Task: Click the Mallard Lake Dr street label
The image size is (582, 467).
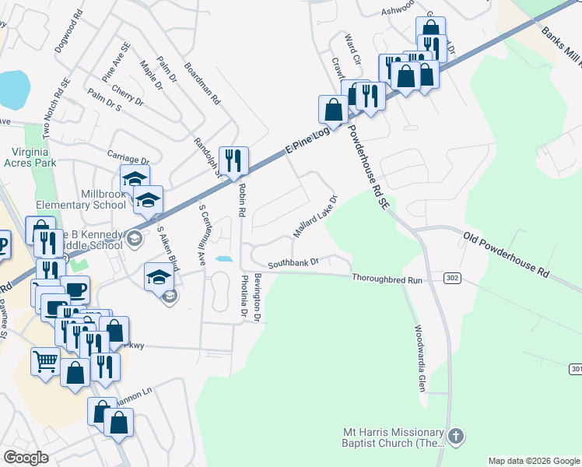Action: click(315, 216)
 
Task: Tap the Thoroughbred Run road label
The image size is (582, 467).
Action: click(386, 278)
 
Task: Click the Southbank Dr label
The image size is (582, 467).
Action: click(294, 263)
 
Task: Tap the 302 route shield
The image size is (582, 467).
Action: click(452, 278)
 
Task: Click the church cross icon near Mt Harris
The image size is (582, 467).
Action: click(456, 437)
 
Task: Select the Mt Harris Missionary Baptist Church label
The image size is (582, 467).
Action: click(394, 437)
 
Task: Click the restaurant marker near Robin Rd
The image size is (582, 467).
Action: click(233, 161)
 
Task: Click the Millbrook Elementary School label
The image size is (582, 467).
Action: click(81, 199)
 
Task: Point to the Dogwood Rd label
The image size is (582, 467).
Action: click(68, 31)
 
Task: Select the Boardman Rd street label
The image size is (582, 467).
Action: click(202, 84)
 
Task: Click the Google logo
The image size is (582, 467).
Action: click(26, 458)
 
